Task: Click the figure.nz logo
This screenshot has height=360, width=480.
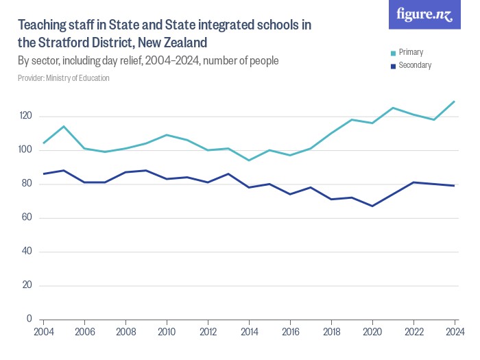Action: [x=424, y=14]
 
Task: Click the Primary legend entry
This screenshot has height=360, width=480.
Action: [x=410, y=52]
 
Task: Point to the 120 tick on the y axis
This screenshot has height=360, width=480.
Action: [x=25, y=116]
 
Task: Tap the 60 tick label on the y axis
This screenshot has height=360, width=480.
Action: [x=25, y=217]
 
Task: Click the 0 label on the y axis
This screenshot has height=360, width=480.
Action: [x=29, y=319]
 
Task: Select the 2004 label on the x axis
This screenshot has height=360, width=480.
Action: [x=43, y=332]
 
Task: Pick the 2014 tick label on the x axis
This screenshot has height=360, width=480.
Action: [x=249, y=332]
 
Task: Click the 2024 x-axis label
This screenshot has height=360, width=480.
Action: [x=454, y=332]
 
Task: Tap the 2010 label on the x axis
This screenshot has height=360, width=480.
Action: [x=167, y=332]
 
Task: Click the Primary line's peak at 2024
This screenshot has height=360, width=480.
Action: [x=454, y=101]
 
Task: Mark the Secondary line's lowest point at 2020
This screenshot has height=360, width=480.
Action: [x=372, y=206]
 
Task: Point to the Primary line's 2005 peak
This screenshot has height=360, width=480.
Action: [x=64, y=126]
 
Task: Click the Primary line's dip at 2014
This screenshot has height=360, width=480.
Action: [x=249, y=160]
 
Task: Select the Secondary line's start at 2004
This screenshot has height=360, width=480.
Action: [x=44, y=173]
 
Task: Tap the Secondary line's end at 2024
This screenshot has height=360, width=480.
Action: [x=454, y=185]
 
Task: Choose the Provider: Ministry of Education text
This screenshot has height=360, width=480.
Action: [x=64, y=78]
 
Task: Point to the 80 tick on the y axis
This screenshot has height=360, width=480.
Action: [x=25, y=184]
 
